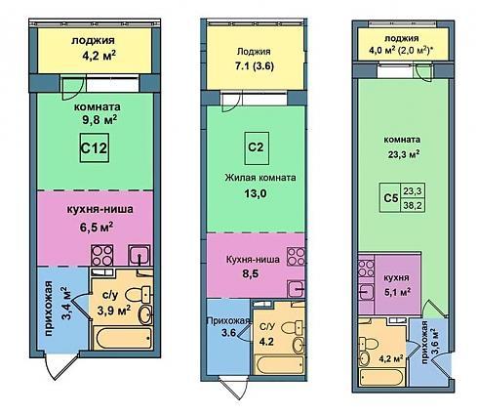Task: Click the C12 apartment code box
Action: [x=95, y=148]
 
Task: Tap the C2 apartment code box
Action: [x=257, y=148]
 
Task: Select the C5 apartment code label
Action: [x=391, y=197]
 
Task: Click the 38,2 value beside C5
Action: [x=413, y=205]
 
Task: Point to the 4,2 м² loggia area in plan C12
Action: [x=100, y=56]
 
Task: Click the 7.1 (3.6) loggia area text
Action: [x=255, y=66]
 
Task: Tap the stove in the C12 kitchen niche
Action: [x=102, y=255]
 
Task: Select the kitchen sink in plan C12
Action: [x=139, y=255]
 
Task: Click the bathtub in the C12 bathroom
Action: [x=123, y=338]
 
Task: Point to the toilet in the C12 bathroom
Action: [x=138, y=295]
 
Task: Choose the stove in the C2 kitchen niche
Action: [x=296, y=257]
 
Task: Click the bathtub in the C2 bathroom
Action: [x=280, y=364]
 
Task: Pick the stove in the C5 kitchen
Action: [x=366, y=269]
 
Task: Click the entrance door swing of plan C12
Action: [x=60, y=367]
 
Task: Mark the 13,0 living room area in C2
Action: [x=256, y=193]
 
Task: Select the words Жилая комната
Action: [x=260, y=178]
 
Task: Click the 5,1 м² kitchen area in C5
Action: [x=397, y=292]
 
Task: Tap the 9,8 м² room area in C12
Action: [x=100, y=121]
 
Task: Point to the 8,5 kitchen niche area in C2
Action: [x=250, y=273]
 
